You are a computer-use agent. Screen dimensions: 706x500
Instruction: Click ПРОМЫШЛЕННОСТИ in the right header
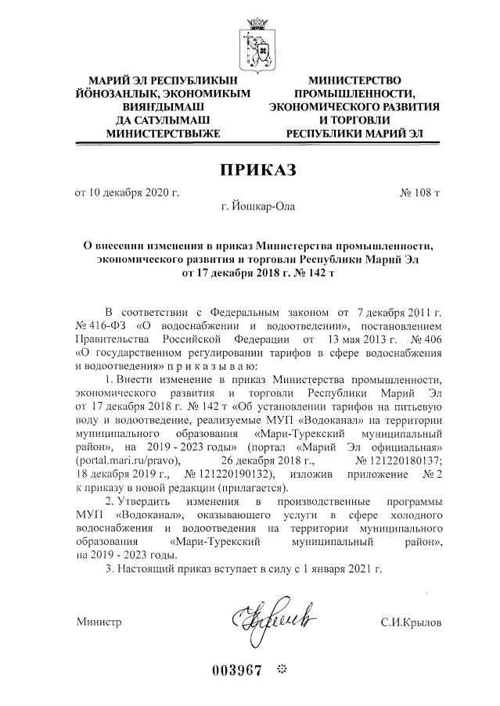pyautogui.click(x=354, y=93)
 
